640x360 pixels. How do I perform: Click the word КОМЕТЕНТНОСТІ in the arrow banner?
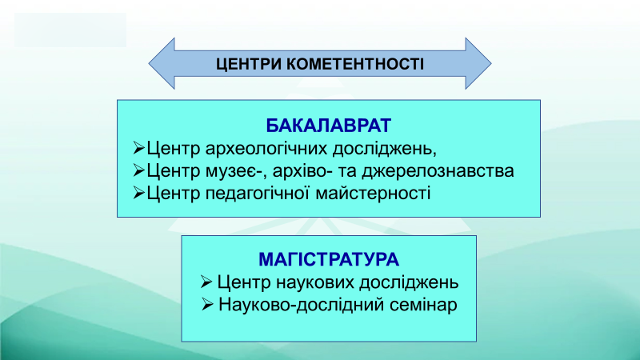pyautogui.click(x=354, y=64)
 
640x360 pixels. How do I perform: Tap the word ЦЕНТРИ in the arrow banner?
pyautogui.click(x=248, y=64)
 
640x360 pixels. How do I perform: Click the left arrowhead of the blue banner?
pyautogui.click(x=162, y=63)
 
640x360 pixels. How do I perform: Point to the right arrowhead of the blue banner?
pyautogui.click(x=478, y=63)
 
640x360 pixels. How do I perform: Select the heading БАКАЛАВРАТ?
pyautogui.click(x=329, y=126)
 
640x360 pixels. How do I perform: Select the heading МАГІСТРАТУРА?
pyautogui.click(x=329, y=259)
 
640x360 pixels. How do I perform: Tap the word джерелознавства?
pyautogui.click(x=438, y=171)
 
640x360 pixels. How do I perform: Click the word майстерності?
pyautogui.click(x=373, y=193)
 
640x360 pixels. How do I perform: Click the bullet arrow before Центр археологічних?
pyautogui.click(x=138, y=148)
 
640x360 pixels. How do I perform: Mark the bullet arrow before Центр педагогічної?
pyautogui.click(x=138, y=192)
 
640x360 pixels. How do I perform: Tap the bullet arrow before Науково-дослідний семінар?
pyautogui.click(x=207, y=304)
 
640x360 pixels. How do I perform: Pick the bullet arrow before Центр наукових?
pyautogui.click(x=206, y=282)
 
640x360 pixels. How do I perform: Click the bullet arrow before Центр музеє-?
pyautogui.click(x=138, y=170)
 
